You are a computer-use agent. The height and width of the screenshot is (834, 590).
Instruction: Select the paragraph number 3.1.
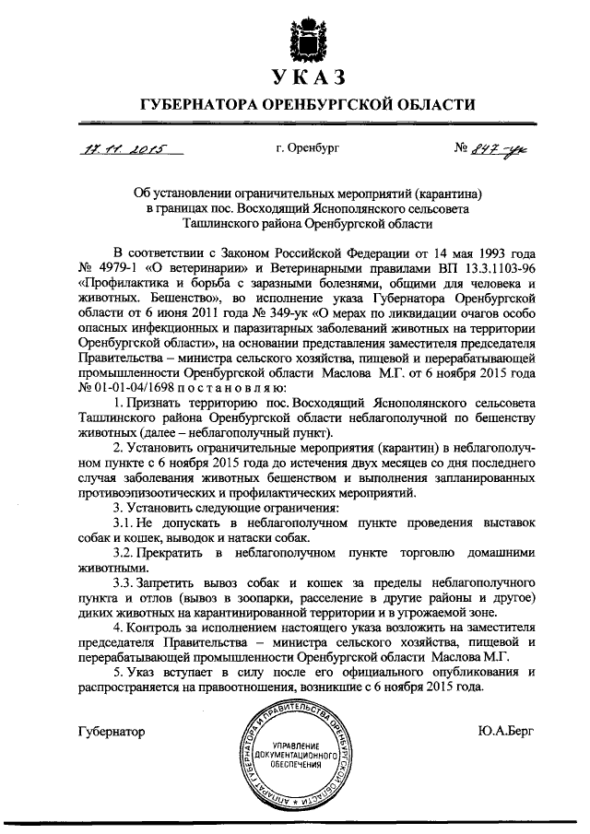coord(124,523)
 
